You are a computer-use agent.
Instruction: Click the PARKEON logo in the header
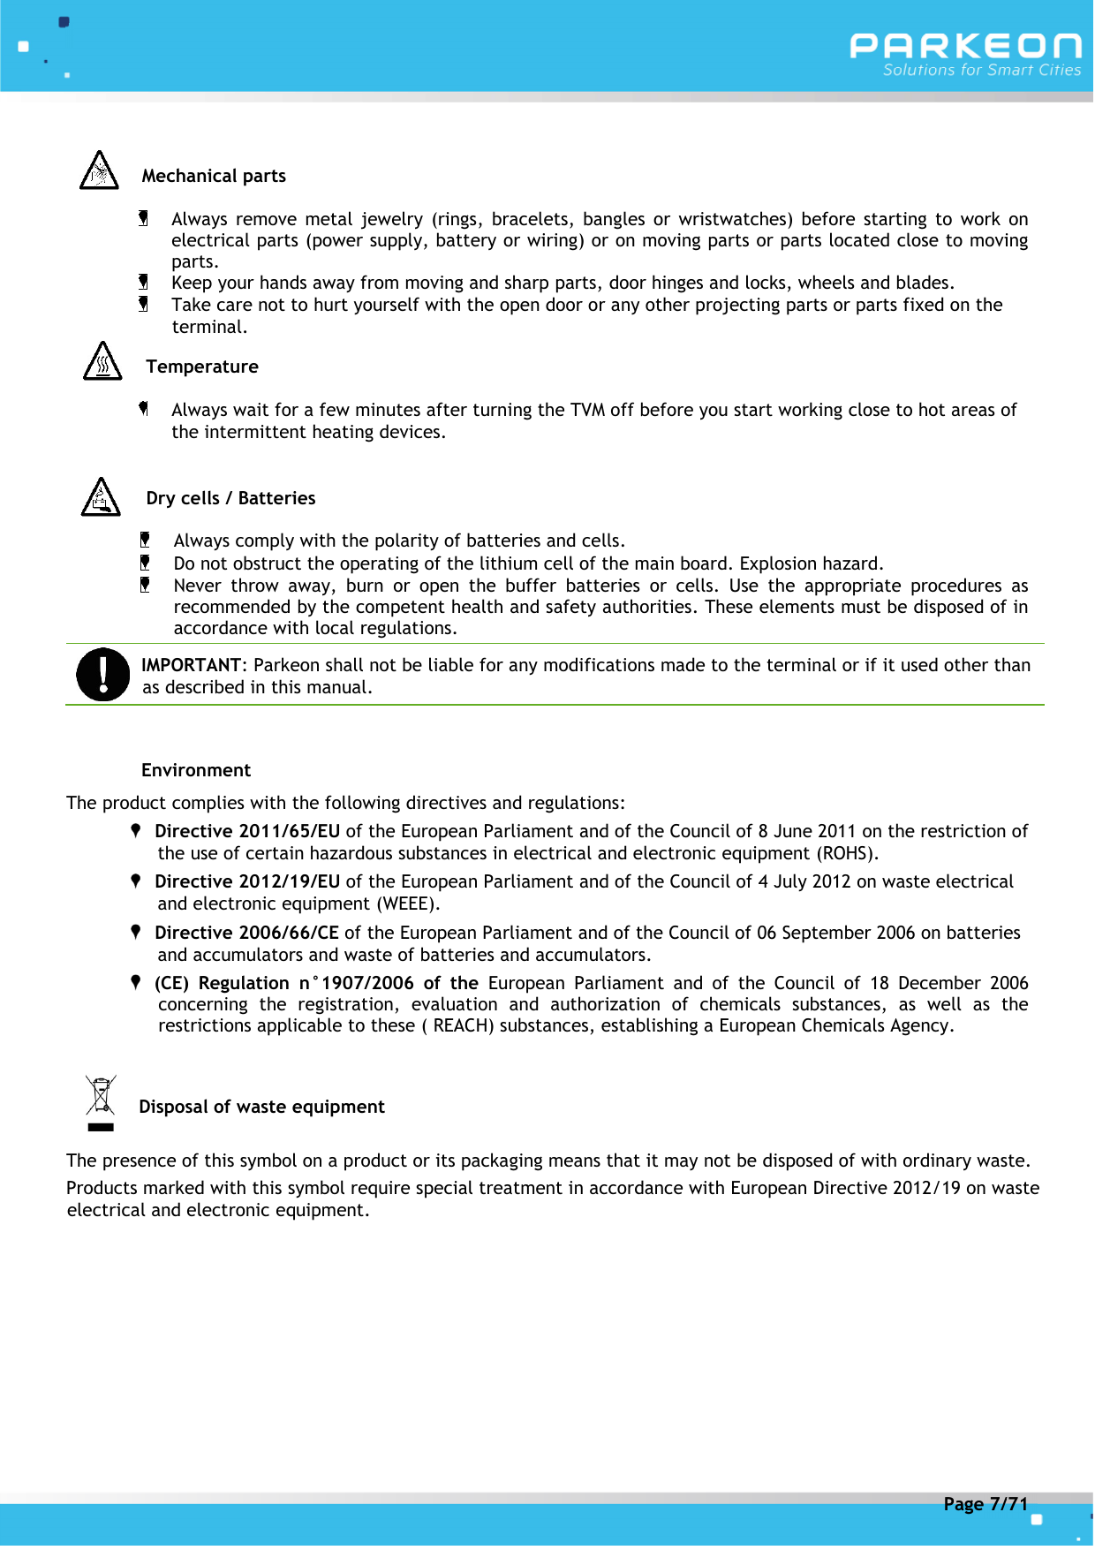965,46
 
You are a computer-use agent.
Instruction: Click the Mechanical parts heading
214,176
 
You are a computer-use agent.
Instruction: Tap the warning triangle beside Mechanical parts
99,171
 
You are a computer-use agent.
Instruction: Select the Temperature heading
202,367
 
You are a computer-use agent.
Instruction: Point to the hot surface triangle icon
102,362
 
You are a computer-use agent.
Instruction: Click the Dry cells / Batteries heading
230,498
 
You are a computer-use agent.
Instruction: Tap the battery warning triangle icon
101,498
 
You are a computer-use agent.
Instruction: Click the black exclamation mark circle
103,675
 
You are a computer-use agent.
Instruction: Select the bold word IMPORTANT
191,665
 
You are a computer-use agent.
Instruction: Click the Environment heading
196,770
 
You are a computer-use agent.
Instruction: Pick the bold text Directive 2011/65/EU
247,831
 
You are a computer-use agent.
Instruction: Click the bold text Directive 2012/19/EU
247,881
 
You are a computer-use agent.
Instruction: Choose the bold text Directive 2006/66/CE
246,933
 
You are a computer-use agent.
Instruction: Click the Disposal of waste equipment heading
261,1107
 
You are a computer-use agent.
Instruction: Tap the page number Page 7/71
985,1504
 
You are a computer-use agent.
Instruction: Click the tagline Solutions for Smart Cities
982,71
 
